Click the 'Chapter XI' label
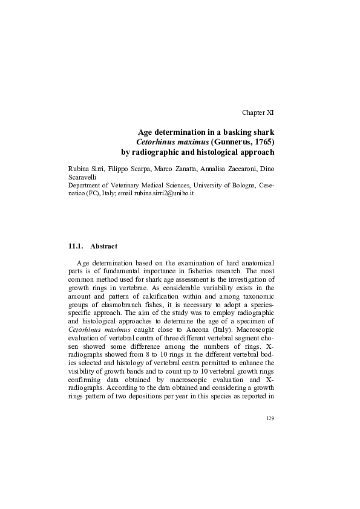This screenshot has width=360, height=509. pyautogui.click(x=258, y=113)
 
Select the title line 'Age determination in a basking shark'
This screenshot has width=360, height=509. pyautogui.click(x=206, y=131)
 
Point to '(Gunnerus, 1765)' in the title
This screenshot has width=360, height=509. pyautogui.click(x=243, y=141)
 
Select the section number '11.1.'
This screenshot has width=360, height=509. pyautogui.click(x=76, y=247)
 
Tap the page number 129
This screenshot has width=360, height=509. pyautogui.click(x=270, y=418)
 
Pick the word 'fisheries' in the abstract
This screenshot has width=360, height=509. pyautogui.click(x=215, y=271)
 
